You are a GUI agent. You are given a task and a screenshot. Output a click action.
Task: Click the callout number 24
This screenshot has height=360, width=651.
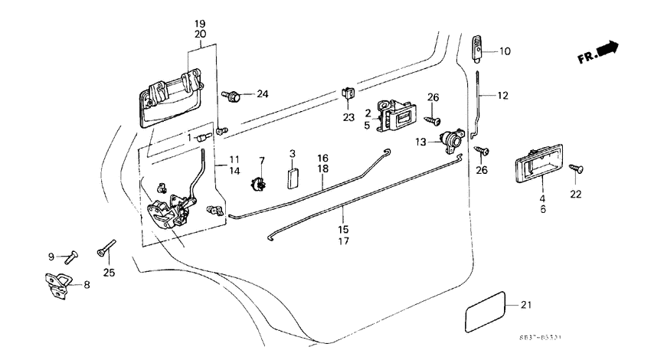pyautogui.click(x=263, y=94)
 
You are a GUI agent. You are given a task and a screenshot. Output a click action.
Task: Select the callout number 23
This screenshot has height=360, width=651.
pyautogui.click(x=349, y=117)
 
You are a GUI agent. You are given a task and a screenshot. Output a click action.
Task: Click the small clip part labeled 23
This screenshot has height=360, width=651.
pyautogui.click(x=348, y=94)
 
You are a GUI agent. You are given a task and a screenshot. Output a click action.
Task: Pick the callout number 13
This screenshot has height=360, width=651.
pyautogui.click(x=420, y=142)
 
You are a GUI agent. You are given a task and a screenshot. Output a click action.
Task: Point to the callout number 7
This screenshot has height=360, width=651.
pyautogui.click(x=262, y=160)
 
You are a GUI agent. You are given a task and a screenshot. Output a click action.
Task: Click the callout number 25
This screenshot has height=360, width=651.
pyautogui.click(x=109, y=273)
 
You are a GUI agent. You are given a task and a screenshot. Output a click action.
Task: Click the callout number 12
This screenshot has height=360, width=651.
pyautogui.click(x=502, y=96)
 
